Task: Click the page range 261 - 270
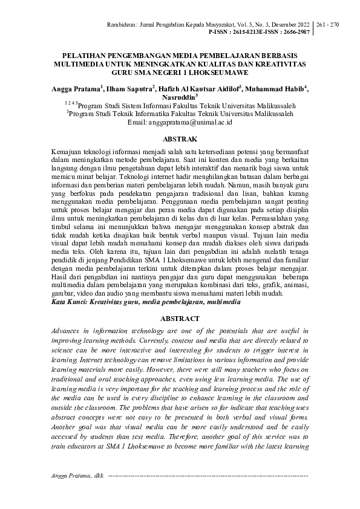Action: tap(327, 24)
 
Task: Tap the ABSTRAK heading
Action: tap(180, 138)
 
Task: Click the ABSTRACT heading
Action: tap(180, 319)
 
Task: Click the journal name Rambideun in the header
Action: tap(157, 24)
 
